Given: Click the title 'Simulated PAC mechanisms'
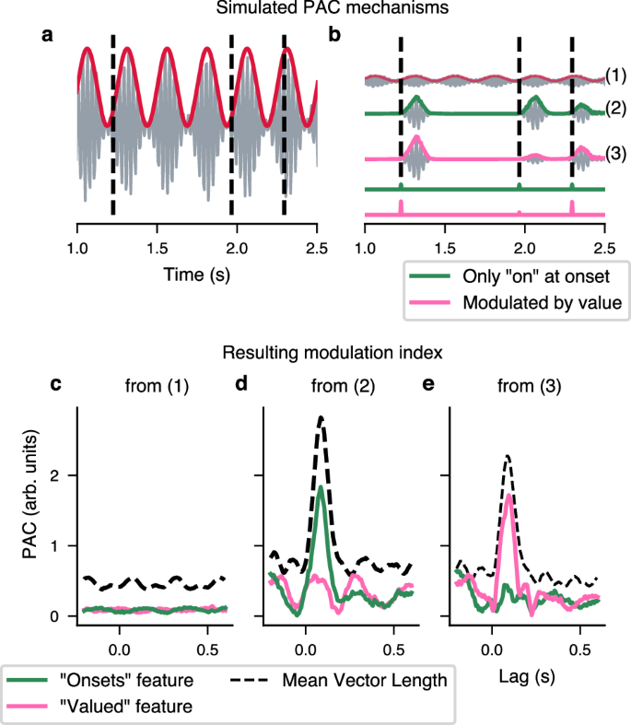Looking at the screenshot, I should [315, 9].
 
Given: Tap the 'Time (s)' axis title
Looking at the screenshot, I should [196, 275].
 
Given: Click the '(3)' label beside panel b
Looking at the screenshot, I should [616, 151].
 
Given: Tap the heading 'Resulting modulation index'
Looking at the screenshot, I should [315, 353].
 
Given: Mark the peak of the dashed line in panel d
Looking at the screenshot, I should [321, 417].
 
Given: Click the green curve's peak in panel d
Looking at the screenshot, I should [320, 487].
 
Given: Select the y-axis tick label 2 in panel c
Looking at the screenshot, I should [56, 475].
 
